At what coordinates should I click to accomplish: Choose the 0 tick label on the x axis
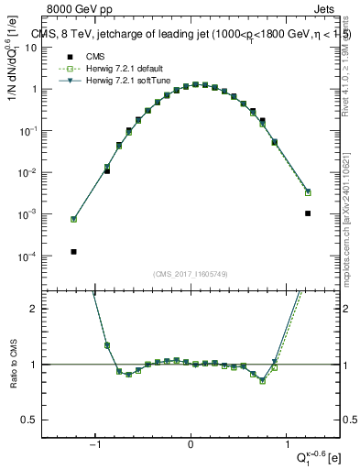[191, 447]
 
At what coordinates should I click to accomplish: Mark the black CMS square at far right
[308, 213]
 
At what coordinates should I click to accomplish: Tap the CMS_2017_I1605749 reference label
[191, 274]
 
